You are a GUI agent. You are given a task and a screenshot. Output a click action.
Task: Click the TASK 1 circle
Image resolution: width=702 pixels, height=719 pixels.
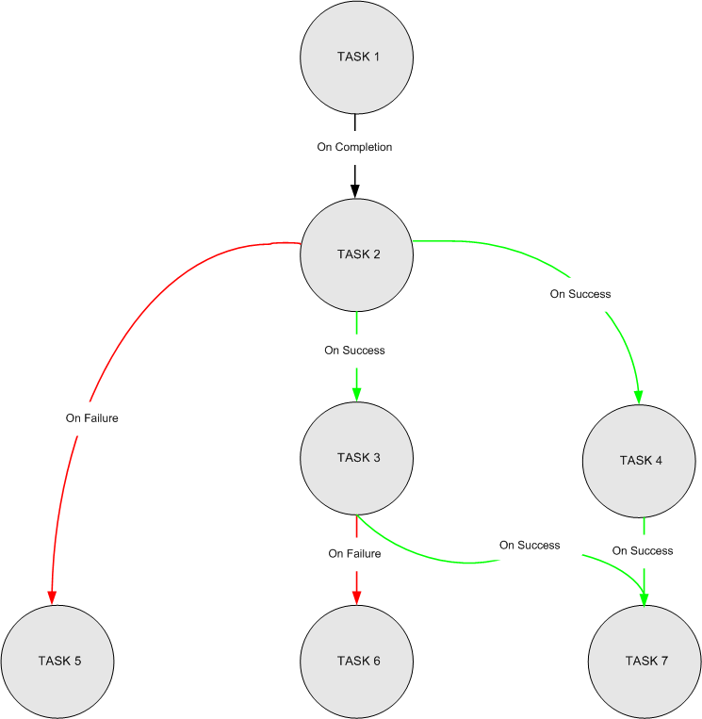(357, 57)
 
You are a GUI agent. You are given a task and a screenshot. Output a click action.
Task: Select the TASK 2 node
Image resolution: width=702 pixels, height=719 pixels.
(357, 254)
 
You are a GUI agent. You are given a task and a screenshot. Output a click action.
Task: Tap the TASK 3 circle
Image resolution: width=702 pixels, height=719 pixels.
(357, 459)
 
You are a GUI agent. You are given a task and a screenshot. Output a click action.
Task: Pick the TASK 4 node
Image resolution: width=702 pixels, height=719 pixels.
(640, 461)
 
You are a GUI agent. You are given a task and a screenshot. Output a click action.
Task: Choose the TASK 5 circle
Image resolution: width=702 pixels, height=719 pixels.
(57, 661)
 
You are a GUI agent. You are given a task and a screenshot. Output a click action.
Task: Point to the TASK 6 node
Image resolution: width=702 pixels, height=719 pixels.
(357, 661)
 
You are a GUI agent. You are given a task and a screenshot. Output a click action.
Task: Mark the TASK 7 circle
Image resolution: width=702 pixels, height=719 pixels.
(645, 661)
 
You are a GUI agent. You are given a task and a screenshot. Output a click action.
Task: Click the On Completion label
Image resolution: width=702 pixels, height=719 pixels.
(354, 147)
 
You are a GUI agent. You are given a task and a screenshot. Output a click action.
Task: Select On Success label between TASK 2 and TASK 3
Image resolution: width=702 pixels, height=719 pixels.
(354, 350)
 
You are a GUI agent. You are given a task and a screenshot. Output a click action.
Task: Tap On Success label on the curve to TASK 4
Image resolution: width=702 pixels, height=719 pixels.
(580, 294)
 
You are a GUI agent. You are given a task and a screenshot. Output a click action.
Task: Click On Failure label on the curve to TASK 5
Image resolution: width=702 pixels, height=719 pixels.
(91, 417)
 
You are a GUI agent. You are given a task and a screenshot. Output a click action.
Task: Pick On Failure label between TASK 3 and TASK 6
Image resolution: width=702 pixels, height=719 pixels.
(354, 554)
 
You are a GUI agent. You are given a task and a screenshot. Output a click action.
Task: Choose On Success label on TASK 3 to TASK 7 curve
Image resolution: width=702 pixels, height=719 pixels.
(530, 545)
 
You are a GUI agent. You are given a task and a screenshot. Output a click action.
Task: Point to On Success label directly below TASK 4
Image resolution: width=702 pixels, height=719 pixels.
(643, 550)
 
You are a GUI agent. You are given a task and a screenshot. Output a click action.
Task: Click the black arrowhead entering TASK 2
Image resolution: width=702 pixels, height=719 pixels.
(355, 190)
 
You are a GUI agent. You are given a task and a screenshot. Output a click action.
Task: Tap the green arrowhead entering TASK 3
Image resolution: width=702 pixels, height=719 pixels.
(356, 394)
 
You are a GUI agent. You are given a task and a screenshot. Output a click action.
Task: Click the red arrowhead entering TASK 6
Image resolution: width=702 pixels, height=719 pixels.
(356, 596)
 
